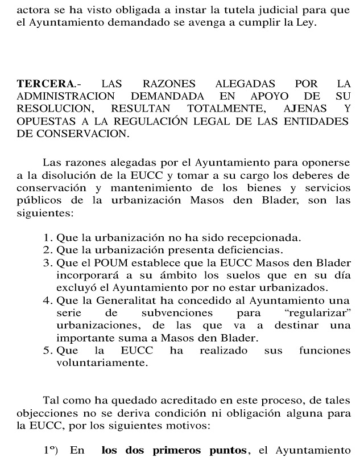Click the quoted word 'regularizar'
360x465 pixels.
click(x=322, y=314)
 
